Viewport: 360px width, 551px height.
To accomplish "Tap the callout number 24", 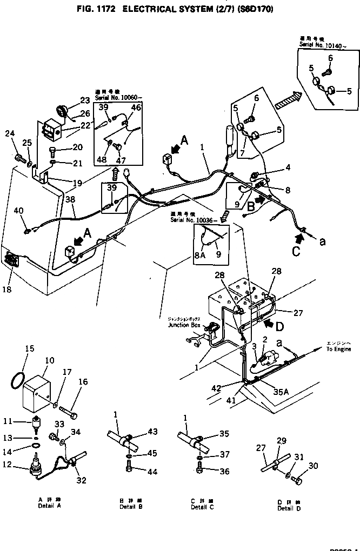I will point(10,134).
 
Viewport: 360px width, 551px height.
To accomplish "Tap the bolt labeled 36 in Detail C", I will point(201,471).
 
